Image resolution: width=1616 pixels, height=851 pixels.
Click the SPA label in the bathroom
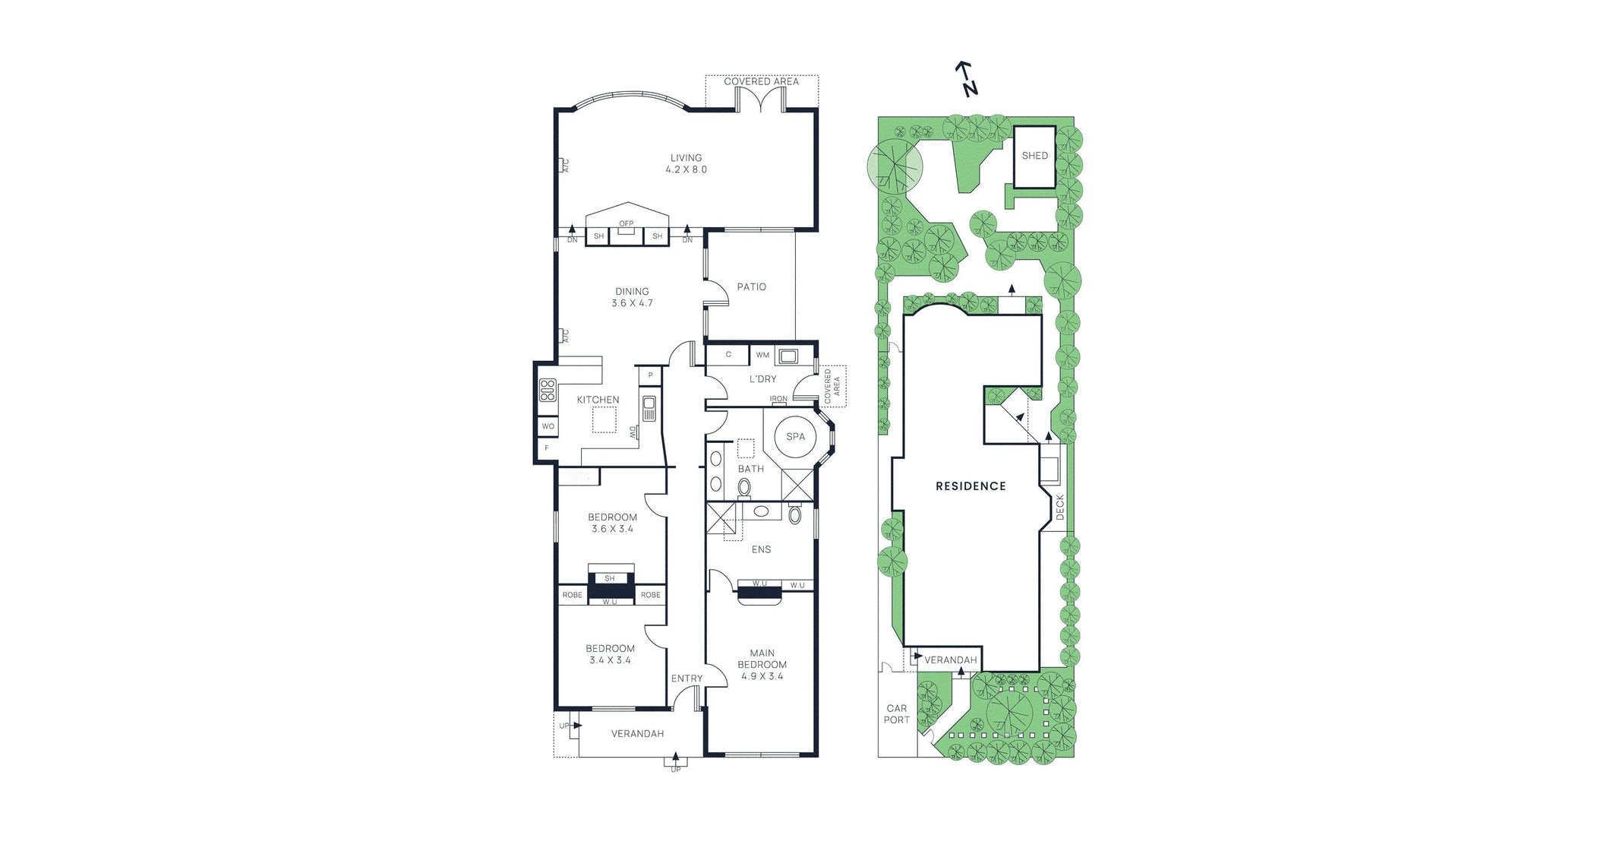pos(795,437)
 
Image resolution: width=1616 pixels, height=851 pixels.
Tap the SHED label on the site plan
pos(1034,156)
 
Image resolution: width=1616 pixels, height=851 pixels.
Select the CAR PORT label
pos(896,714)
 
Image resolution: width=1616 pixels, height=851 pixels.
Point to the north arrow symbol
pos(966,79)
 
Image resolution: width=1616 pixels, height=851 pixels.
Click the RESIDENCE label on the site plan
pos(971,486)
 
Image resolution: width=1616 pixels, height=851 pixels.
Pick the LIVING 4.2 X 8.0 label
pos(686,164)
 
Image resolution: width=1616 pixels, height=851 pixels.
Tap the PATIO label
pos(751,287)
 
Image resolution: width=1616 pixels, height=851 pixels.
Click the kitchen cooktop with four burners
pos(548,390)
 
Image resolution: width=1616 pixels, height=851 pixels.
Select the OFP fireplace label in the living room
pos(626,223)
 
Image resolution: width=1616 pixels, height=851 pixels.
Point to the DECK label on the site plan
pos(1060,507)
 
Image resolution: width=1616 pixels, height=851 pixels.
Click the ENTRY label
pos(686,679)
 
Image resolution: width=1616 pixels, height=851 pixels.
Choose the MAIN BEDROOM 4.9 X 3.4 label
pos(762,664)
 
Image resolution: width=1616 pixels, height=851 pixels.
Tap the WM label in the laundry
pos(762,355)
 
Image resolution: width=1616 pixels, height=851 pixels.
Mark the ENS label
pos(761,549)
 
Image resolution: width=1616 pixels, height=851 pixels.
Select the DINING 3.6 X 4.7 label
pos(632,297)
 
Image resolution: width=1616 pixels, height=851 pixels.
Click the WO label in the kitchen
pos(548,427)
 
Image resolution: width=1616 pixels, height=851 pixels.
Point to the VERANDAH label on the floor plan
pos(637,734)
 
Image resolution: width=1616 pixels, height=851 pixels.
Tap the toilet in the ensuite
pos(794,515)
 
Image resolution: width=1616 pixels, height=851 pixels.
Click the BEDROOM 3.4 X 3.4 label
pos(610,654)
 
